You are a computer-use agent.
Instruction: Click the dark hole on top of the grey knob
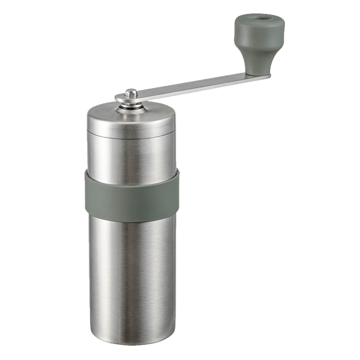[x=260, y=20]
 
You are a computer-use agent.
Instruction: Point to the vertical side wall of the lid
[x=132, y=127]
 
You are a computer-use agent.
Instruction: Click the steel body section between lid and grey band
[x=132, y=156]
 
